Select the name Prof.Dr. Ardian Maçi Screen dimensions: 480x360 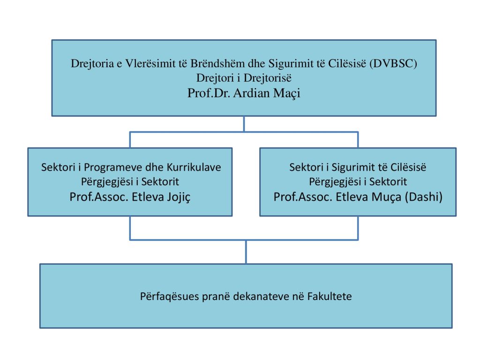(x=244, y=93)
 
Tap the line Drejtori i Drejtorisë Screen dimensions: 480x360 (x=244, y=78)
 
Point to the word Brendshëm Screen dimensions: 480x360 (x=217, y=63)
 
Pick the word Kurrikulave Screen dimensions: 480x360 (x=194, y=167)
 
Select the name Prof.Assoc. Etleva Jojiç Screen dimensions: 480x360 (x=130, y=197)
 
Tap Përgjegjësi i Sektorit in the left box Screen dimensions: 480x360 (x=130, y=182)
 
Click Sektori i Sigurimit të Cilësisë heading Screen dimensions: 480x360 (x=358, y=167)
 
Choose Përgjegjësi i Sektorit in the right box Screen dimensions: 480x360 (x=358, y=182)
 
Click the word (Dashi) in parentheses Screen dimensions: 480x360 (x=424, y=197)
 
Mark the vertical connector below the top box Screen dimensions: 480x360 (x=244, y=124)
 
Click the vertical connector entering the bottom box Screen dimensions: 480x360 (x=246, y=252)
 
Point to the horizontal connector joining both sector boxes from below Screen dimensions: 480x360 (x=244, y=240)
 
